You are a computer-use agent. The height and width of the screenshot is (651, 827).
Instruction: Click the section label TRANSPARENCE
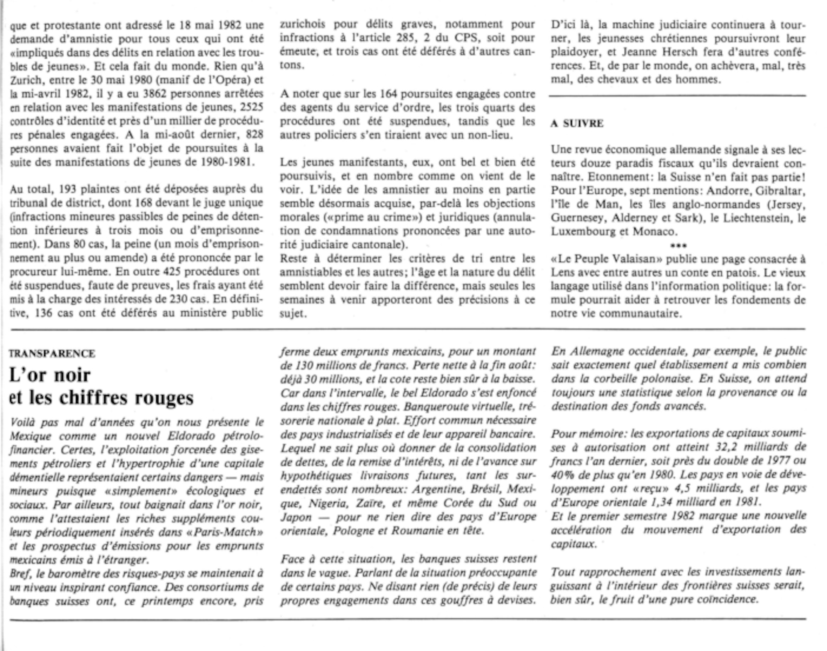[x=52, y=354]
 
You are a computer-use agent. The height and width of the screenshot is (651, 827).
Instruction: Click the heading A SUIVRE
[x=577, y=124]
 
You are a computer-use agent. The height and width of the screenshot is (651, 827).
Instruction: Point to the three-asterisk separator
[x=678, y=245]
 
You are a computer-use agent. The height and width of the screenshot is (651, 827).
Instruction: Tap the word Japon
[x=295, y=517]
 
